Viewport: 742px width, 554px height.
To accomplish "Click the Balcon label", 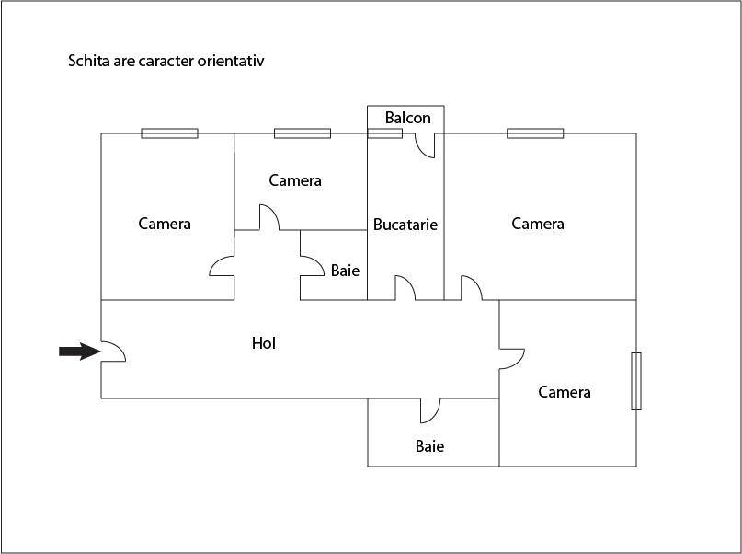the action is click(x=408, y=118).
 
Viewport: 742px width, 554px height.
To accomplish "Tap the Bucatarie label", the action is click(x=405, y=224).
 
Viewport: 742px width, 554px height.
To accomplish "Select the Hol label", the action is click(x=264, y=343).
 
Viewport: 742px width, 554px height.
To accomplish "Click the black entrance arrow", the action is click(x=79, y=352).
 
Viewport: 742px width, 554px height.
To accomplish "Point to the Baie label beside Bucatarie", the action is click(x=345, y=271).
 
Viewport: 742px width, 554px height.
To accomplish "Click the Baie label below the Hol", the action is click(x=429, y=446).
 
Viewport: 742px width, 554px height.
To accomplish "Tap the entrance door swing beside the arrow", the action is click(x=114, y=352).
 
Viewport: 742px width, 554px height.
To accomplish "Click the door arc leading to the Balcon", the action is click(x=425, y=145).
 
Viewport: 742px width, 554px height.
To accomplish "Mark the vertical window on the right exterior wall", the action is click(x=636, y=381).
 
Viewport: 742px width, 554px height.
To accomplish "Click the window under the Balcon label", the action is click(x=385, y=133).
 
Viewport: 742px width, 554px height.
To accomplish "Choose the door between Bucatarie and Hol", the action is click(x=405, y=288).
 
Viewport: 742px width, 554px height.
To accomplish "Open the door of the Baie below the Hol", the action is click(x=430, y=410).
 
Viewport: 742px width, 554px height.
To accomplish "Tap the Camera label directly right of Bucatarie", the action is click(x=538, y=224).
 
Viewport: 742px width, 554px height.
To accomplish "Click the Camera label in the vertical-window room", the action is click(x=564, y=392).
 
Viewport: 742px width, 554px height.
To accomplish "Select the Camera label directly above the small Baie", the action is click(x=295, y=180).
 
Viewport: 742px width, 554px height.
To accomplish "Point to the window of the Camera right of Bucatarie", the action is click(x=535, y=133).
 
